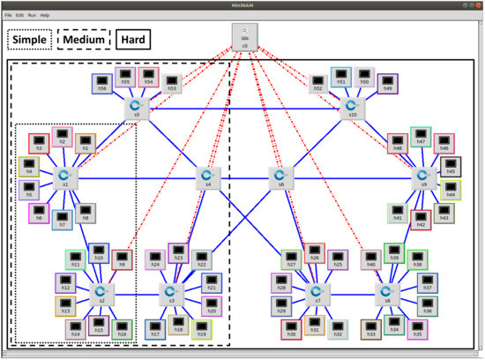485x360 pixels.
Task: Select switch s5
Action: click(x=137, y=107)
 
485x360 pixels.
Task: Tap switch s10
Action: click(x=352, y=107)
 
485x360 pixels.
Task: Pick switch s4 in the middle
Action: click(x=208, y=176)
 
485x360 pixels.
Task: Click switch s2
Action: click(x=101, y=293)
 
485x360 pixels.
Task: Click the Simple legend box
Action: click(x=29, y=40)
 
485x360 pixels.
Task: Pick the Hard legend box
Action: click(x=131, y=40)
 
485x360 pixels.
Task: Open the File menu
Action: click(x=9, y=15)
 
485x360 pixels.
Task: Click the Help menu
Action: click(x=45, y=15)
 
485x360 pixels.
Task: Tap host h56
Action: click(x=102, y=83)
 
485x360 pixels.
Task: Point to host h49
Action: click(x=386, y=83)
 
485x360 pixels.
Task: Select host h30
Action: click(x=290, y=328)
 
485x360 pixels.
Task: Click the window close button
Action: click(x=477, y=5)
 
